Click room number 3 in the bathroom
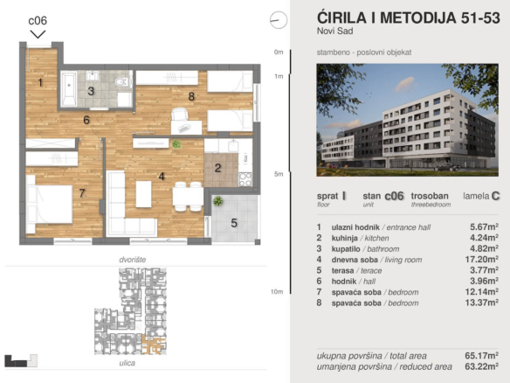point(91,91)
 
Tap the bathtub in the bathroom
point(69,88)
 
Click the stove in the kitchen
point(245,179)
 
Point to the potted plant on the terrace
point(217,201)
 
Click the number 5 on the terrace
point(234,223)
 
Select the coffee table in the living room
point(143,194)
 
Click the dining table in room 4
point(187,197)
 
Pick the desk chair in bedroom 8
point(180,115)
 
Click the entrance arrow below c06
point(38,34)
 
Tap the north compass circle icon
point(279,20)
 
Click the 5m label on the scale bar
point(279,174)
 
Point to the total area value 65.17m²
point(482,355)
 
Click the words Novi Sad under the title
point(334,31)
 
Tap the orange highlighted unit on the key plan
point(154,345)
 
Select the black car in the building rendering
point(448,167)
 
